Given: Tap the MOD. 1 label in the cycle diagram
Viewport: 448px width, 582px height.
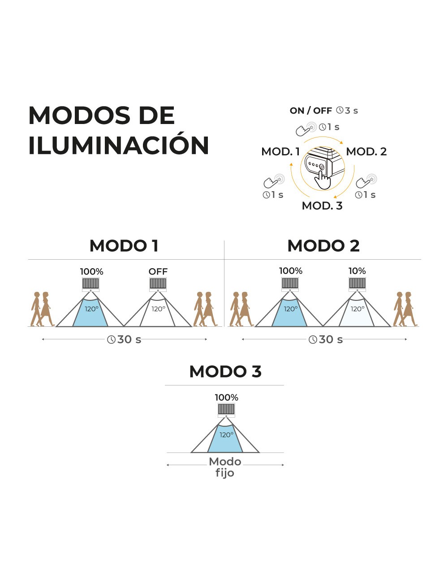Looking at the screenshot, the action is [x=280, y=152].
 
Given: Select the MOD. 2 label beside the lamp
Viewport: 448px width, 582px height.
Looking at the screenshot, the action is [x=366, y=152].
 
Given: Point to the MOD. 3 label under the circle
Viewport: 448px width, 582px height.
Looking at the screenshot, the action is [x=322, y=205].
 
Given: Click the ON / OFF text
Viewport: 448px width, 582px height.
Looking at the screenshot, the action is [x=310, y=110].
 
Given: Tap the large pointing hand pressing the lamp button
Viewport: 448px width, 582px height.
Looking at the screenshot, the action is [x=323, y=180].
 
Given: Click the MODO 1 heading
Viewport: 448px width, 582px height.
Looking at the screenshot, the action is [x=124, y=246].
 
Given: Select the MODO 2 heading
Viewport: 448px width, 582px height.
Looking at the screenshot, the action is [x=323, y=246].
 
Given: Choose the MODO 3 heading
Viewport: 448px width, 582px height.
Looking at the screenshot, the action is [x=225, y=372].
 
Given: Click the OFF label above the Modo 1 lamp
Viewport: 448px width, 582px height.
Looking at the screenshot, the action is [x=158, y=272].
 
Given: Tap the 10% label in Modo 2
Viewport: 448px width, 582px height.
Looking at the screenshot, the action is [x=357, y=271].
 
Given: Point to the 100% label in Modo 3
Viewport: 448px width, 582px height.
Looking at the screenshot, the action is [x=226, y=398].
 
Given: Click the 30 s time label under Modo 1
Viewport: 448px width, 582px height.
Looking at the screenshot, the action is [x=129, y=339].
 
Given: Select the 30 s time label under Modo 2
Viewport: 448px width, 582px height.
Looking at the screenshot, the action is [x=331, y=339].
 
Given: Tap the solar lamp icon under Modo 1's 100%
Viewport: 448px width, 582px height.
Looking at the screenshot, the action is [x=90, y=284].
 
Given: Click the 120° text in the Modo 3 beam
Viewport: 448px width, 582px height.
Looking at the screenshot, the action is [x=226, y=435].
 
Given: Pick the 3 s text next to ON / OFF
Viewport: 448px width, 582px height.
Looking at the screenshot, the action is [x=351, y=110].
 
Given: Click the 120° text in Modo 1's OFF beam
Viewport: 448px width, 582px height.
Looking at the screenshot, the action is [x=158, y=309].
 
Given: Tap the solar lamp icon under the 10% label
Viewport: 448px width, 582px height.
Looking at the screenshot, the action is [x=357, y=284].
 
